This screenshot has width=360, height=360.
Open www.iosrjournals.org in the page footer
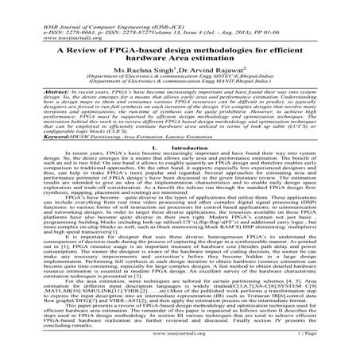179,346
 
